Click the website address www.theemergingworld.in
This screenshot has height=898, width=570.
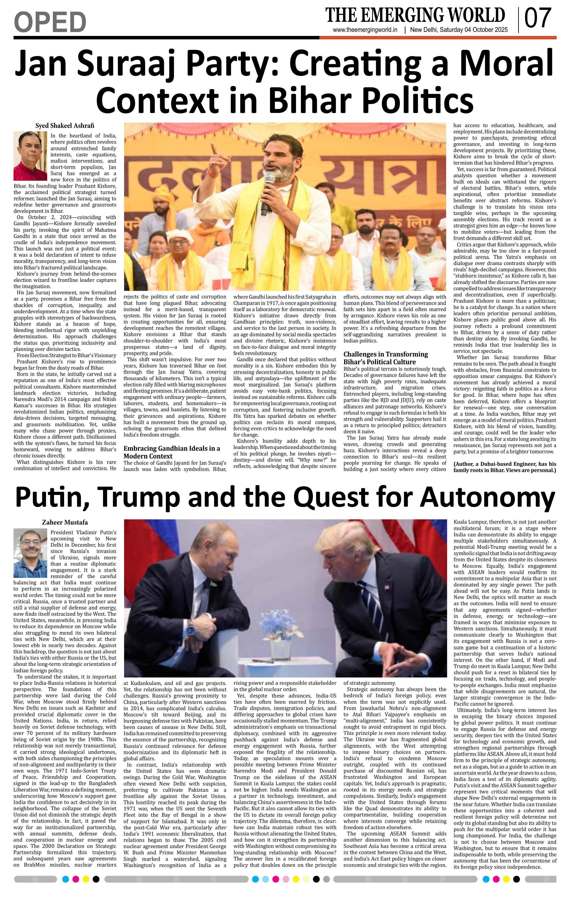[365, 30]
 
